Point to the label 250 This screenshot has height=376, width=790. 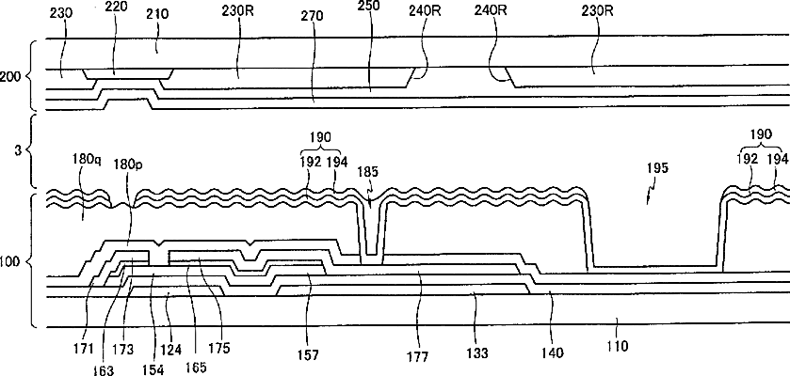click(369, 6)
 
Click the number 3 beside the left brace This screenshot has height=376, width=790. click(18, 149)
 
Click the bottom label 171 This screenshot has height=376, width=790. click(86, 348)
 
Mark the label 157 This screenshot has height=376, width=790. click(308, 355)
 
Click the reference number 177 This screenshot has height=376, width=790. click(418, 356)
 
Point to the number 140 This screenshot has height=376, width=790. click(552, 352)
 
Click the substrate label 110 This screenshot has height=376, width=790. click(618, 346)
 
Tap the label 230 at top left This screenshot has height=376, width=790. click(61, 13)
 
